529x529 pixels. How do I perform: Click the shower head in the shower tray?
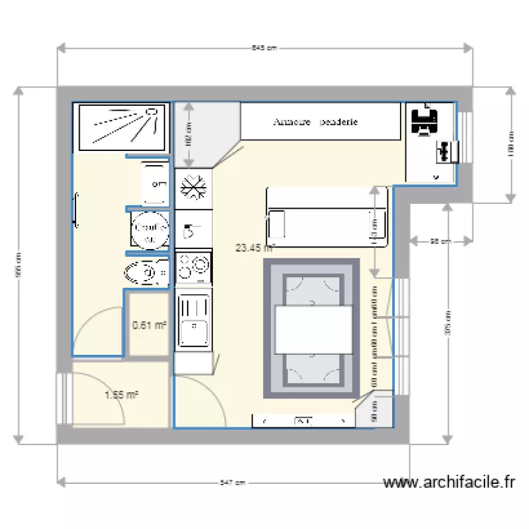click(x=151, y=111)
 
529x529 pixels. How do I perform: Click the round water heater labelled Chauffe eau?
click(x=149, y=230)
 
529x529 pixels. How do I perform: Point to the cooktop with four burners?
click(x=193, y=267)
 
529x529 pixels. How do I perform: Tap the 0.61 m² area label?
click(x=150, y=325)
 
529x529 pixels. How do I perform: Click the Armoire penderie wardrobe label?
click(x=315, y=122)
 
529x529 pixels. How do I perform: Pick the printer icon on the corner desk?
click(x=424, y=120)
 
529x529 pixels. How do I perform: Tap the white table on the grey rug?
click(x=313, y=329)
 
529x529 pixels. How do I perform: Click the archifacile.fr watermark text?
click(x=449, y=483)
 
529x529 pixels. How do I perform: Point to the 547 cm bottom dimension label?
click(x=233, y=483)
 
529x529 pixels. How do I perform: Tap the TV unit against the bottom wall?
click(x=303, y=421)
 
